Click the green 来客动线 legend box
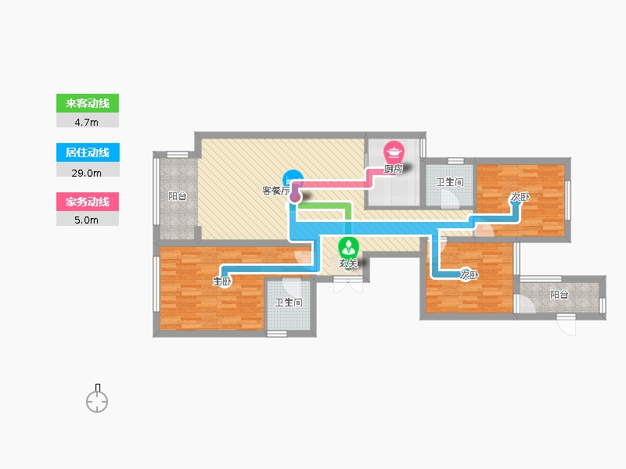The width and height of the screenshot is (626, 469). [x=88, y=103]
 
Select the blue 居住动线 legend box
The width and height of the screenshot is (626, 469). [x=88, y=152]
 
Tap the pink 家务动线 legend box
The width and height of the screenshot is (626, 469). [x=88, y=202]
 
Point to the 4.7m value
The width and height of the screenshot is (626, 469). [x=88, y=121]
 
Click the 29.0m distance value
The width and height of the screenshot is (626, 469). [x=88, y=171]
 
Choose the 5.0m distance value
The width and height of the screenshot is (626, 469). [x=88, y=220]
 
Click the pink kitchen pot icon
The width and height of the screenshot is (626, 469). [x=393, y=150]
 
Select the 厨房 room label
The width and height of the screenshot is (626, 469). [x=394, y=169]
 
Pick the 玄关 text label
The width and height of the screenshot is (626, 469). [x=348, y=264]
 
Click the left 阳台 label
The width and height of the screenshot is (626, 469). [x=178, y=196]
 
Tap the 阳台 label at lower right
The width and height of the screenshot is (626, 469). [x=559, y=295]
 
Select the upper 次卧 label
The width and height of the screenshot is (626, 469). [x=520, y=198]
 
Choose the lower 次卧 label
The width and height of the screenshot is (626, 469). [x=469, y=275]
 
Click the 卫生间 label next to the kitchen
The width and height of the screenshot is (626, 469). [x=450, y=182]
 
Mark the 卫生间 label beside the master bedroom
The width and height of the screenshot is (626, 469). [x=288, y=303]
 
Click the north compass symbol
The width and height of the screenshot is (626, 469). [x=97, y=400]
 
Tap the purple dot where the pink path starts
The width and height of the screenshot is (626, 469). [x=295, y=197]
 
